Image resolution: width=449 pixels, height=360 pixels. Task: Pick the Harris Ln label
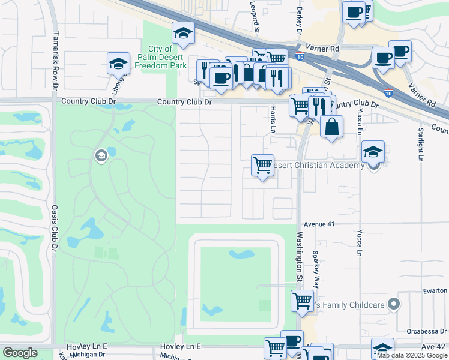tap(273, 120)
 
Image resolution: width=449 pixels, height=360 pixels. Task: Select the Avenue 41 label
tap(318, 224)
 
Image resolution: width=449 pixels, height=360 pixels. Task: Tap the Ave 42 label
tap(434, 347)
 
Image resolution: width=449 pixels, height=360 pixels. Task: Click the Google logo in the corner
tap(20, 353)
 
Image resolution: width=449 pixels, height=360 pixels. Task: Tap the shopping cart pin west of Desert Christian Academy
tap(262, 165)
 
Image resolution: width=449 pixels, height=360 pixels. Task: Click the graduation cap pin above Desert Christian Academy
tap(373, 151)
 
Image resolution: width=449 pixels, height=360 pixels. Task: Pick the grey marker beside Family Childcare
tap(393, 304)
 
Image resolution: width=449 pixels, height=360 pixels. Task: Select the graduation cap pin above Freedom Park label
tap(183, 32)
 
